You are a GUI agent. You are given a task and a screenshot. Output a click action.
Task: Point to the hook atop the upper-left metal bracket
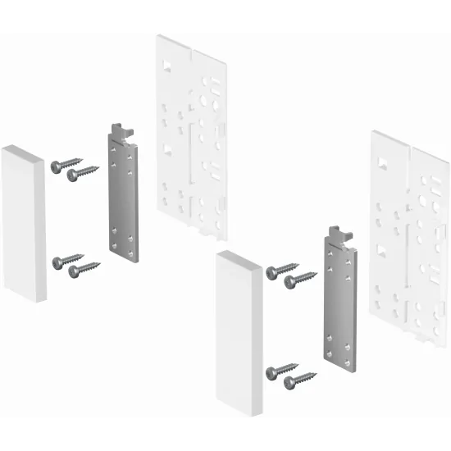click(122, 130)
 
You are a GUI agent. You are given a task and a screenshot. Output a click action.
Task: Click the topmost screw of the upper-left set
click(61, 164)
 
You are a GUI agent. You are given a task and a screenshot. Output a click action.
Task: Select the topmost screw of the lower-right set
click(281, 268)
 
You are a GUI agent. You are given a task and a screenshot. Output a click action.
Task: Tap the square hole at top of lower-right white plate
click(382, 164)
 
